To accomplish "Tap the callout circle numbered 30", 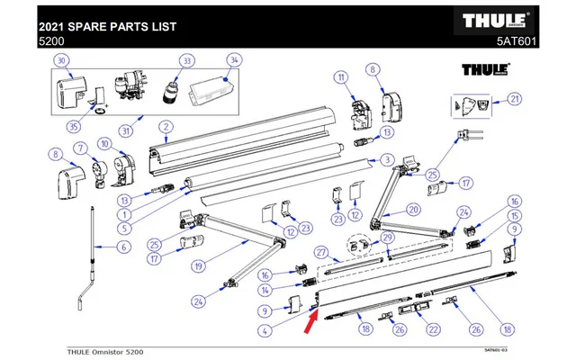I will pos(62,60).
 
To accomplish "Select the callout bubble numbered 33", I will pos(187,60).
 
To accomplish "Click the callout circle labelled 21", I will pos(514,98).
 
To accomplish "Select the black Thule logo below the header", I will pos(486,69).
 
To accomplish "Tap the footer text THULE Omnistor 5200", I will pos(105,350).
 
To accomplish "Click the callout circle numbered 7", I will pos(80,148).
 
